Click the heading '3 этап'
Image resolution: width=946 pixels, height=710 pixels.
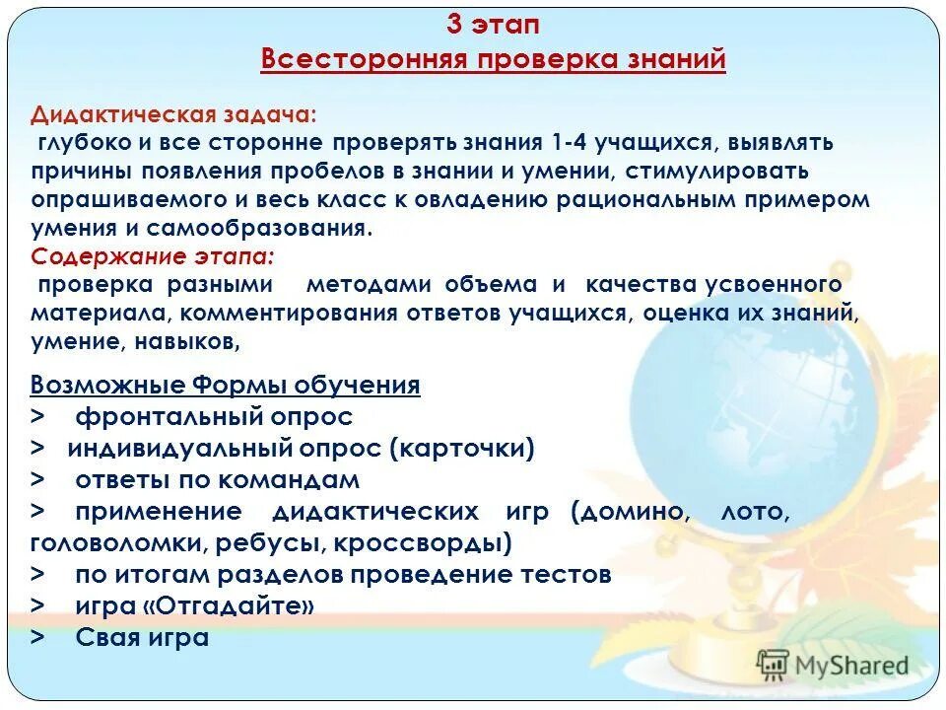point(493,25)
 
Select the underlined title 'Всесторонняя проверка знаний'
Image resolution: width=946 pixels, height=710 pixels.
point(493,60)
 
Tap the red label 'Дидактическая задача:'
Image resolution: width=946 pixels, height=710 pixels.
point(173,113)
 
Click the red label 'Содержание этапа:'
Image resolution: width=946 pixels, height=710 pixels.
point(153,256)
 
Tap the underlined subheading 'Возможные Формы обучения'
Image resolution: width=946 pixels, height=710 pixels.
point(226,385)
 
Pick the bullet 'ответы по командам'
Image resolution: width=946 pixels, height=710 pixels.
point(218,480)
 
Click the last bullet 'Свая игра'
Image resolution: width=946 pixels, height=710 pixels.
point(143,637)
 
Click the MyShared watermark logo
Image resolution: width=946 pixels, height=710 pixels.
point(832,665)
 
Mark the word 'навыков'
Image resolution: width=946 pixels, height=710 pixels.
point(193,342)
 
